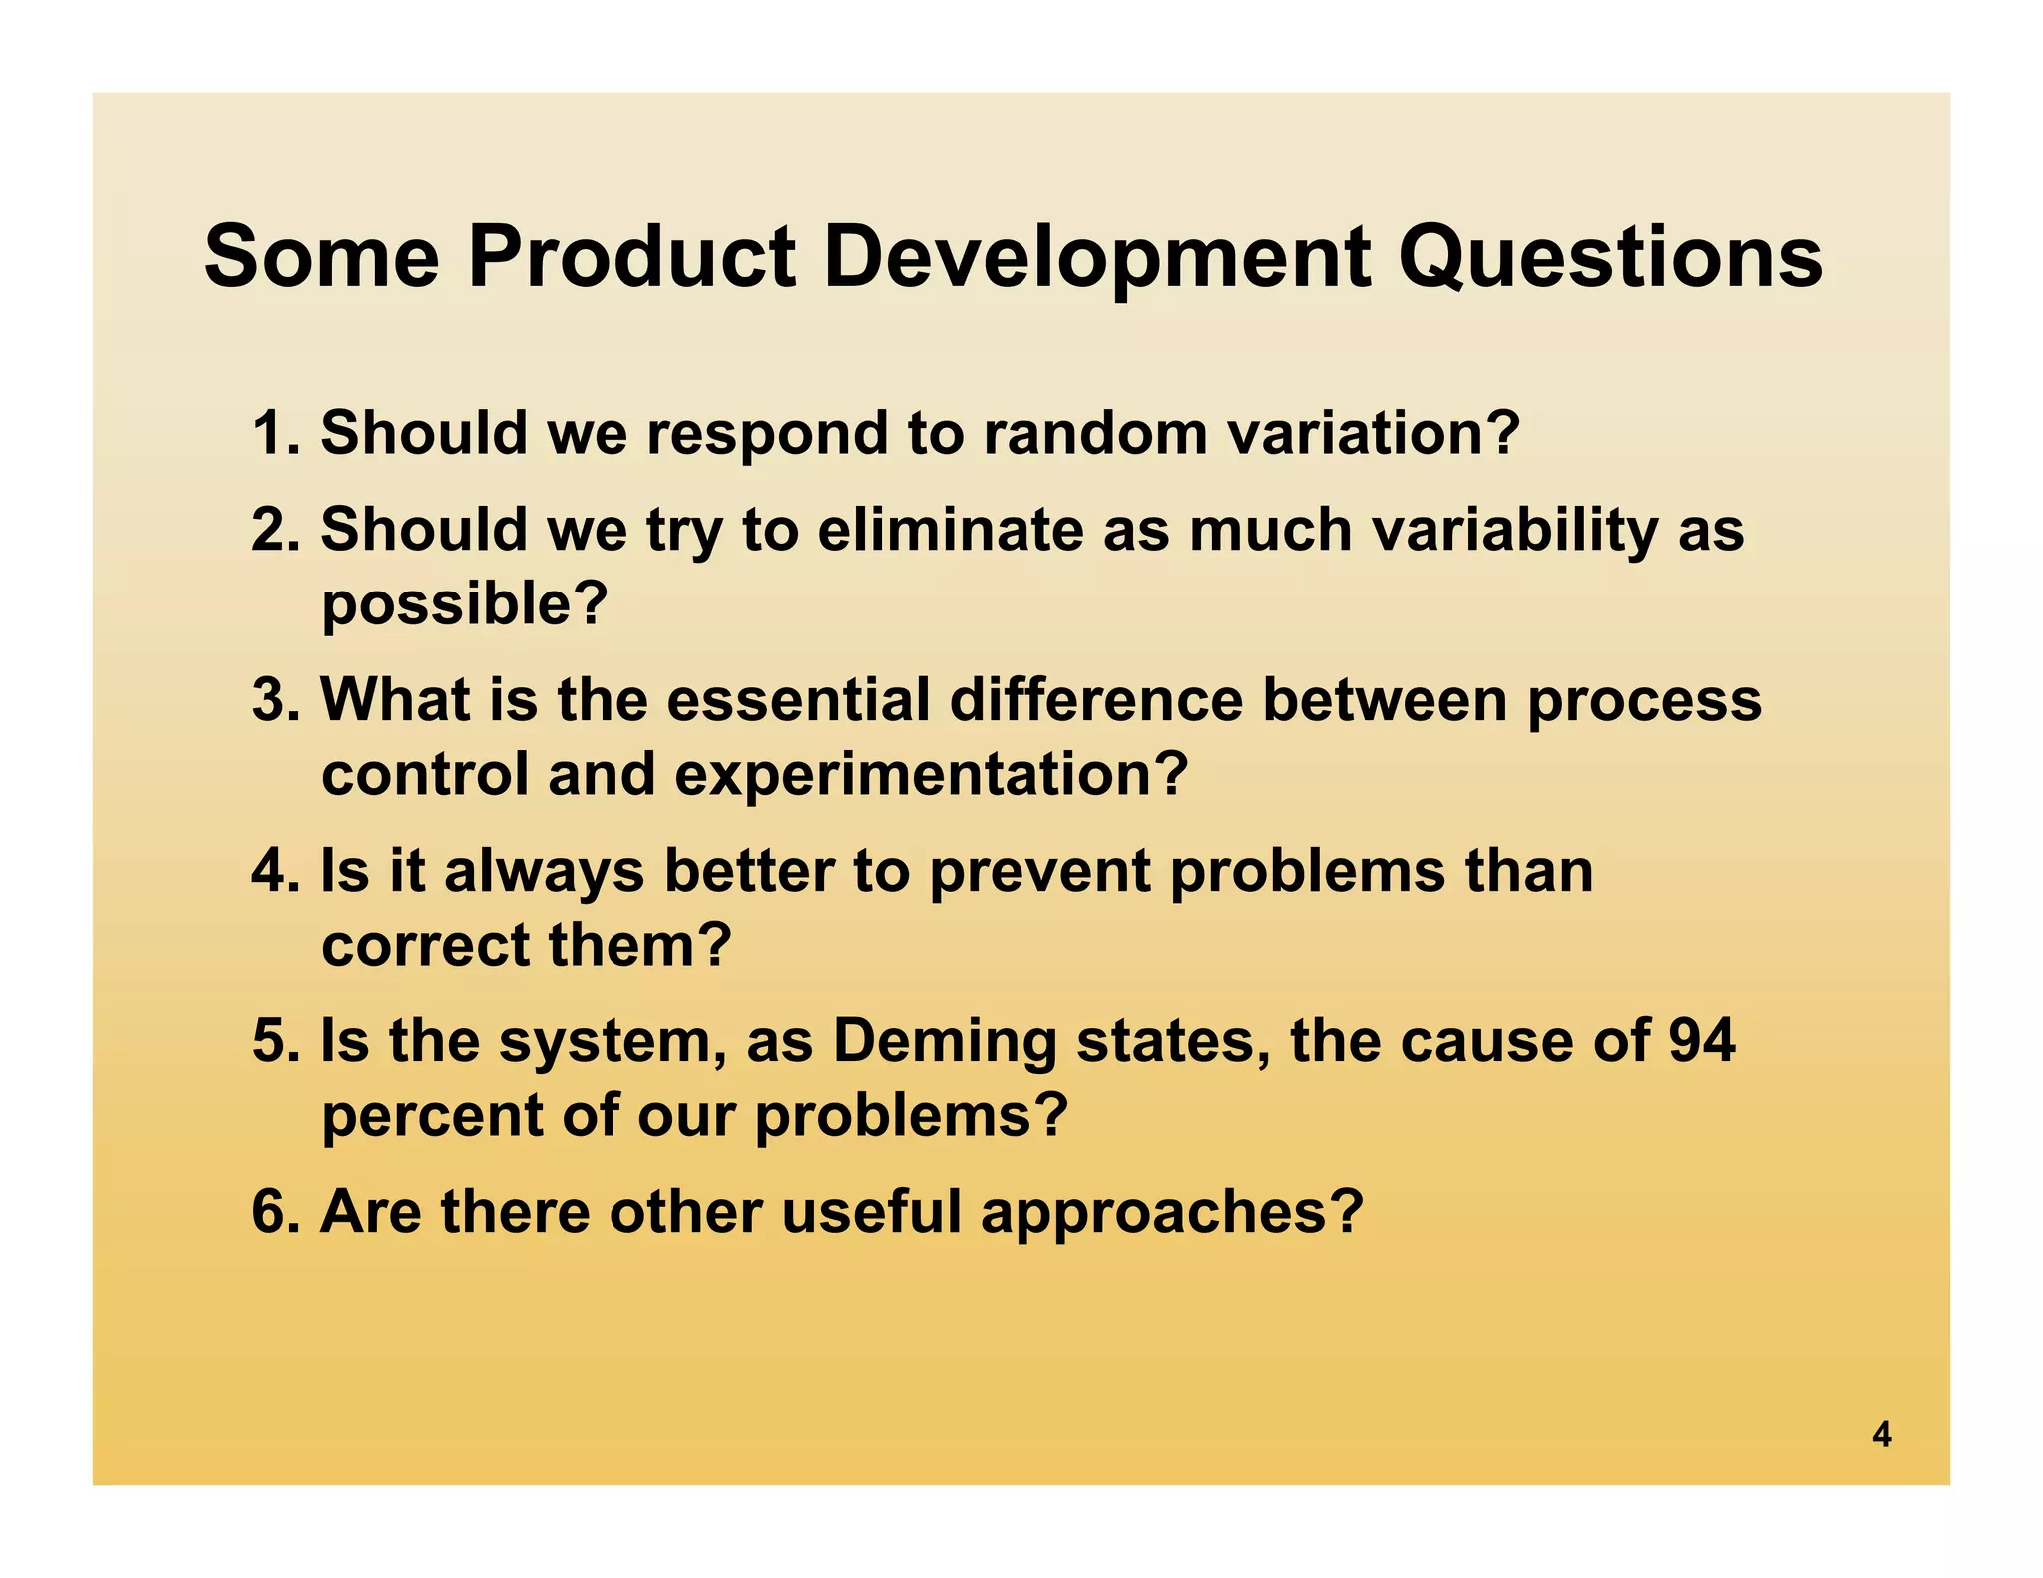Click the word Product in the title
click(x=631, y=257)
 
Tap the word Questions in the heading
click(x=1609, y=257)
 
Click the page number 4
click(x=1881, y=1435)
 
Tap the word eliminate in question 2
click(x=950, y=529)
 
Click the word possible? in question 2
click(x=464, y=604)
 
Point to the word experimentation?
click(x=932, y=774)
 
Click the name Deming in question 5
click(x=944, y=1040)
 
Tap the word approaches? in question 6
click(x=1171, y=1211)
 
